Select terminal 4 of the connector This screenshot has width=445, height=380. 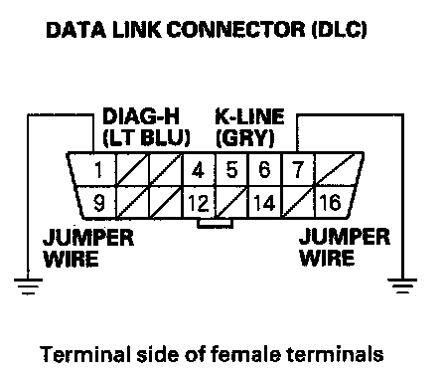(198, 170)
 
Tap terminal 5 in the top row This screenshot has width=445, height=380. (231, 169)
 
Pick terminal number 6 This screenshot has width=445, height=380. (264, 169)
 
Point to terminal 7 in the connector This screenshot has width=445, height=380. (298, 169)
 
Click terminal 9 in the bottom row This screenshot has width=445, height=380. (99, 203)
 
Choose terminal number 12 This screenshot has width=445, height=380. (198, 203)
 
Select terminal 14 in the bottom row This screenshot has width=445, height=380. (264, 203)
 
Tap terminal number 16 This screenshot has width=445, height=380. (330, 202)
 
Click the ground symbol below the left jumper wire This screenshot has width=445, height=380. (28, 286)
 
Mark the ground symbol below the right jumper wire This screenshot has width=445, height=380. (402, 286)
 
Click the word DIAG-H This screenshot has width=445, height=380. (141, 116)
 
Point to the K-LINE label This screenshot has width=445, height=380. (249, 116)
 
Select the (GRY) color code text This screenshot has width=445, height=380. (245, 137)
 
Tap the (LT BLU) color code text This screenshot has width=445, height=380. (146, 137)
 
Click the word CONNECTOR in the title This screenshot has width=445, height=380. (235, 29)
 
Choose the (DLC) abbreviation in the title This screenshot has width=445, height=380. (340, 30)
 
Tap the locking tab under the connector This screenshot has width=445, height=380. (215, 224)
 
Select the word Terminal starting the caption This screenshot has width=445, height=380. (84, 354)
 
